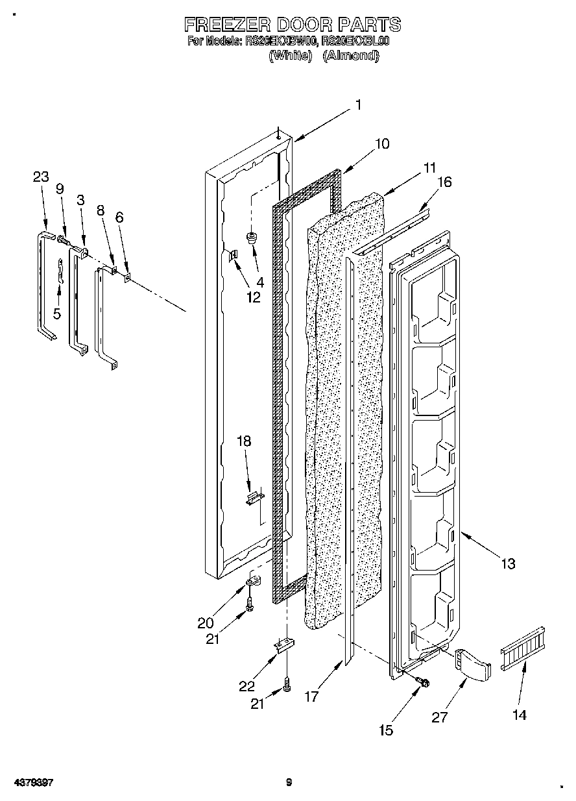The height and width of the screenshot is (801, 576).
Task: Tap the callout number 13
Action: click(508, 563)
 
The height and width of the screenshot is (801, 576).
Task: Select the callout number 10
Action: click(382, 143)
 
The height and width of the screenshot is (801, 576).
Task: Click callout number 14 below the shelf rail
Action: click(519, 715)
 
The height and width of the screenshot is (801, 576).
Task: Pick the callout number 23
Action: click(41, 177)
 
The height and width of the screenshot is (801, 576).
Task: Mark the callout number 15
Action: click(385, 730)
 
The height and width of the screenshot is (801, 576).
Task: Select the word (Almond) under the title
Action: click(350, 55)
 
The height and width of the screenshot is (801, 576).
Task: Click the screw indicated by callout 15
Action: click(422, 681)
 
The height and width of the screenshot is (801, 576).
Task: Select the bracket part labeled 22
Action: click(284, 647)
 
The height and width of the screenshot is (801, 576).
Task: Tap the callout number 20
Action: click(206, 622)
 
